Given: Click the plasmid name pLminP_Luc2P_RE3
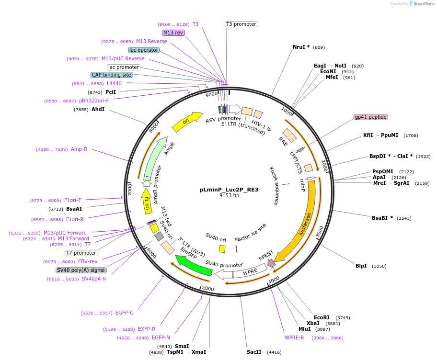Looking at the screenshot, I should (229, 190).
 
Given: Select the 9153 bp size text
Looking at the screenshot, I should (229, 196).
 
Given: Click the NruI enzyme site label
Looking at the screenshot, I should (301, 47).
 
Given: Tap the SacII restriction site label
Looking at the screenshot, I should (254, 352).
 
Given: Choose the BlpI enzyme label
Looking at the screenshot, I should (361, 266).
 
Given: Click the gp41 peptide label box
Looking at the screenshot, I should (370, 117).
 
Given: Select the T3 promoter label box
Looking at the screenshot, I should (241, 24).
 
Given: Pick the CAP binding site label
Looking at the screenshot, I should (112, 75).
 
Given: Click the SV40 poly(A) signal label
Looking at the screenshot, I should (80, 270).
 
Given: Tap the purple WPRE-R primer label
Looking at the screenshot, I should (294, 338).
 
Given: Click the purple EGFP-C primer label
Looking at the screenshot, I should (124, 313).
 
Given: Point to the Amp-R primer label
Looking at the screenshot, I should (79, 149).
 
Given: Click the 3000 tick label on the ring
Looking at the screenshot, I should (320, 231).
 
